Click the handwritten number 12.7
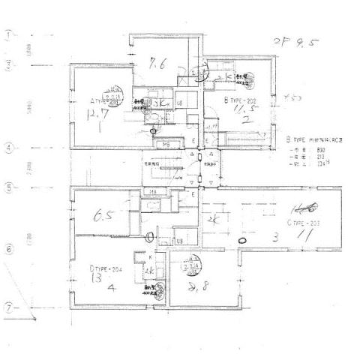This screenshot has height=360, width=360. click(x=97, y=116)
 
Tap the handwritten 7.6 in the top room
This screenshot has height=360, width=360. click(x=157, y=64)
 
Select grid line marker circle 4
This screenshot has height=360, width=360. click(x=9, y=148)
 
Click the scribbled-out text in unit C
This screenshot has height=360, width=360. click(x=304, y=208)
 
